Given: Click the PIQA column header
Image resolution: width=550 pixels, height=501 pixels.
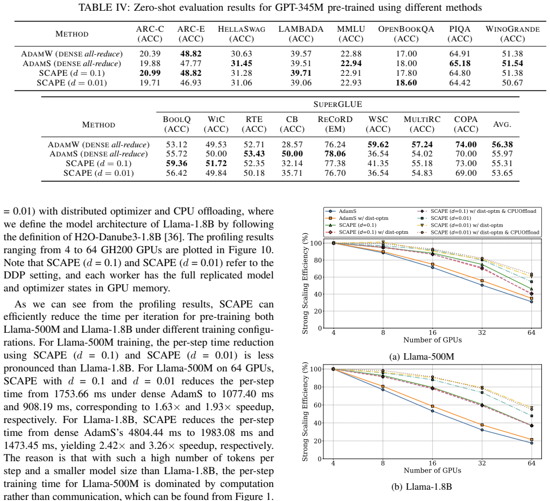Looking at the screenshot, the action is (460, 34).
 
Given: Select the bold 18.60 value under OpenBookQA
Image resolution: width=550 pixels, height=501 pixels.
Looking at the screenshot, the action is (406, 83).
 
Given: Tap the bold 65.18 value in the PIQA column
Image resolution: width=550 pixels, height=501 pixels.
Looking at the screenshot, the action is (460, 63).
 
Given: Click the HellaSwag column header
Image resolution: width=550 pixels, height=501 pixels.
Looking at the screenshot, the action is (241, 34).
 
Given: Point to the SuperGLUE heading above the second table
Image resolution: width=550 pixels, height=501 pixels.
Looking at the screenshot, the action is (337, 104).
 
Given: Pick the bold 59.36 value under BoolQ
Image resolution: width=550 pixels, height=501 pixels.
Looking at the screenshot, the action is (177, 163).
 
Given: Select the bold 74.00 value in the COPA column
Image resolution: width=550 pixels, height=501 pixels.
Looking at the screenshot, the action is (466, 145).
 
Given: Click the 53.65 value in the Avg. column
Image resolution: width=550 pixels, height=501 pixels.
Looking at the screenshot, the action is (502, 173).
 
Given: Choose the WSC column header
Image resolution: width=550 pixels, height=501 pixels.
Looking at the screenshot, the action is (378, 124).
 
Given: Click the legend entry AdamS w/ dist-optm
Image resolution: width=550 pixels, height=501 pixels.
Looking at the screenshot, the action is (363, 218).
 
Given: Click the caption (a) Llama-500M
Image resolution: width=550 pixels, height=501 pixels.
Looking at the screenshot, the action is (421, 356).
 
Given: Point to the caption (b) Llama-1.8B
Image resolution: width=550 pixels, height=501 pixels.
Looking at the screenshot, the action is (421, 486).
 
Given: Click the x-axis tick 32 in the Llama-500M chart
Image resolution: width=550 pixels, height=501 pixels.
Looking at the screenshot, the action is (482, 333).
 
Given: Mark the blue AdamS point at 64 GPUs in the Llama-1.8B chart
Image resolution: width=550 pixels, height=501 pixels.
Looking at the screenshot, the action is (531, 443).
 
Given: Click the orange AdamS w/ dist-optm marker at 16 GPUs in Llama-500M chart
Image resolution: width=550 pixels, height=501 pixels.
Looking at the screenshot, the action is (433, 264).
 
